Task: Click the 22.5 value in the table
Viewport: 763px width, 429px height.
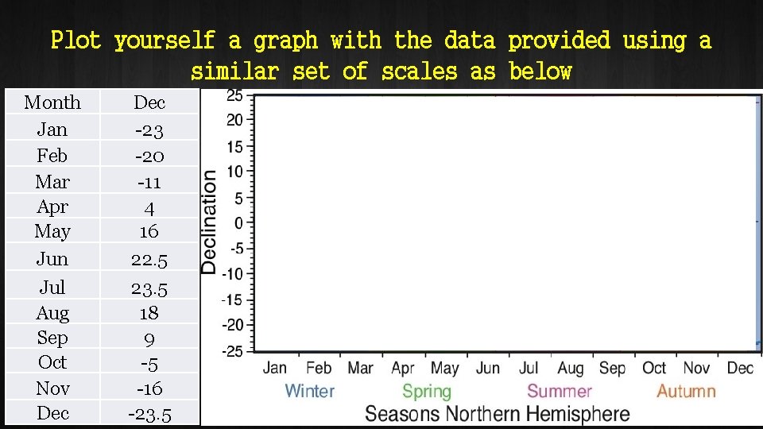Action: coord(149,259)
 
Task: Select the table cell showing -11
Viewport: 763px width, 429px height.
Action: coord(149,182)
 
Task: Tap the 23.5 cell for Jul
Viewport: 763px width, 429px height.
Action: coord(149,287)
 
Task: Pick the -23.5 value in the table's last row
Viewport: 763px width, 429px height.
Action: coord(149,413)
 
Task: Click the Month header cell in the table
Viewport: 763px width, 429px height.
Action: coord(52,102)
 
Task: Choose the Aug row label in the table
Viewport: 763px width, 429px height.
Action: coord(52,313)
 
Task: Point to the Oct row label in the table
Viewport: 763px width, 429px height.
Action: coord(52,362)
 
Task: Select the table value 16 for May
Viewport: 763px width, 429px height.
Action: coord(149,231)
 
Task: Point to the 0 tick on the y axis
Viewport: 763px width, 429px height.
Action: coord(238,223)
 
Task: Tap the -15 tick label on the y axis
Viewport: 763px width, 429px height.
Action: coord(233,300)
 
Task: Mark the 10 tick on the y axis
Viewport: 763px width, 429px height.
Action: coord(235,172)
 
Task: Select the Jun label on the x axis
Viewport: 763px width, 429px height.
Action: coord(488,368)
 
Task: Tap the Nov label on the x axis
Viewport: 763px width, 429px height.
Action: coord(696,368)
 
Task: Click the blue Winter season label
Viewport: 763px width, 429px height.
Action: coord(309,391)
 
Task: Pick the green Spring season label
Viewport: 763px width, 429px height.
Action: coord(427,391)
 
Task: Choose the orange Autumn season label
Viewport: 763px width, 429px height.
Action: coord(686,391)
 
